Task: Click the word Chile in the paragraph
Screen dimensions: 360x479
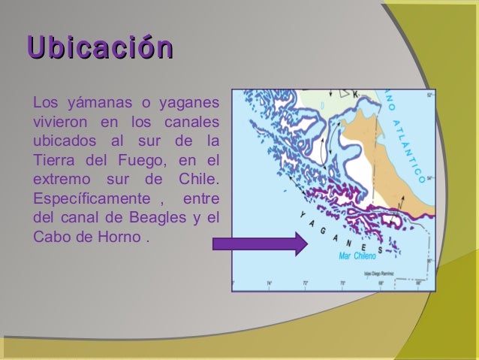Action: tap(197, 180)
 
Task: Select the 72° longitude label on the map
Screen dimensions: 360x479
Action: tap(305, 283)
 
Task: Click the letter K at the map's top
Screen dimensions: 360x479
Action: tap(355, 94)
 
